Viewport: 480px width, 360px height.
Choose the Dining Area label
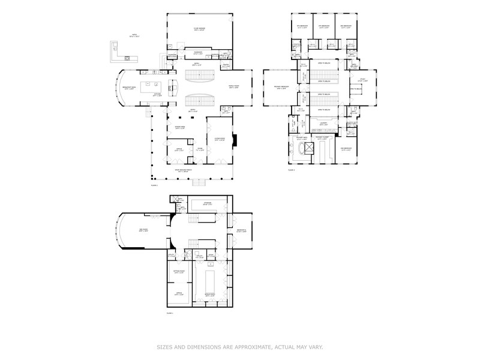click(x=180, y=128)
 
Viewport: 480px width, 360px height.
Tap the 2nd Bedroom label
click(x=347, y=150)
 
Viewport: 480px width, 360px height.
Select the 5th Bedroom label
click(x=302, y=27)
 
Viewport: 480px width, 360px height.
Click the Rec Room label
click(x=144, y=231)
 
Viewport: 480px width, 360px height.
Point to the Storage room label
click(x=207, y=205)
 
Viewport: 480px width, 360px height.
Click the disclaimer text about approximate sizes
click(x=239, y=346)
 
